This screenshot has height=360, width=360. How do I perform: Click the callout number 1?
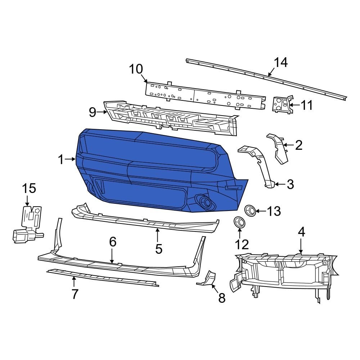[61, 159]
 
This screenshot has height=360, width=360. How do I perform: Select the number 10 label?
[136, 69]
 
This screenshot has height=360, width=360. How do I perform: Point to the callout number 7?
[75, 294]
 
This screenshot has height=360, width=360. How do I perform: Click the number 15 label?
[29, 188]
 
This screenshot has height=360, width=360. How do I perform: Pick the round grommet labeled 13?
[250, 210]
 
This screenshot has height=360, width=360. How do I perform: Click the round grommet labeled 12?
[238, 222]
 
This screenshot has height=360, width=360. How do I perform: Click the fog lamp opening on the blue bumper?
[204, 202]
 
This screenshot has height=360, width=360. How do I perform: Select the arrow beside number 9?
[102, 112]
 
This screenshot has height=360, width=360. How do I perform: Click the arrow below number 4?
[301, 247]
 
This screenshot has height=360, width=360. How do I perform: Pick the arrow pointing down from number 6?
[112, 257]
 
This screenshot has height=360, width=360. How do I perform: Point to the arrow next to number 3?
[280, 184]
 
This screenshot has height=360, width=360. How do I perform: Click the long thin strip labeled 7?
[103, 277]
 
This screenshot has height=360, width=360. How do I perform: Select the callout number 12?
[242, 245]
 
